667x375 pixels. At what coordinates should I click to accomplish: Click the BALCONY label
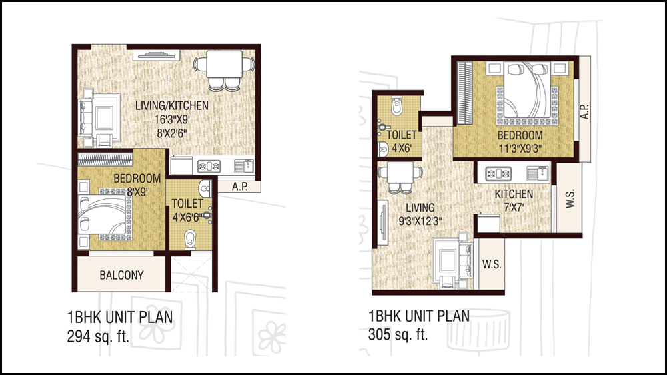click(121, 275)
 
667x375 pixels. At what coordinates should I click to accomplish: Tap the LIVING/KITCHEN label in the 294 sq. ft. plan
click(172, 105)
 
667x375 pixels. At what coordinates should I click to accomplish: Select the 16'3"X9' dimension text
click(172, 119)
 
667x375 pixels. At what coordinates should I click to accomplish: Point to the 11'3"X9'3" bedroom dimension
click(520, 149)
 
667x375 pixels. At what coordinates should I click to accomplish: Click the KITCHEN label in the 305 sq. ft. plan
click(514, 194)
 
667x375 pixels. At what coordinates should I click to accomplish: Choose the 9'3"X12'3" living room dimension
click(420, 221)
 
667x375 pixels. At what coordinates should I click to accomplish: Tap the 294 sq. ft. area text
click(98, 336)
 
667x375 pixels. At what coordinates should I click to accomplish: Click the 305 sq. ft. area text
click(398, 334)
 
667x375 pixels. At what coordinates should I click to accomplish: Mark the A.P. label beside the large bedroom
click(585, 111)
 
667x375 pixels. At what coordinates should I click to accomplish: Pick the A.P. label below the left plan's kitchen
click(240, 187)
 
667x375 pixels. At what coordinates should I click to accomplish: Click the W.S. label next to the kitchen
click(570, 198)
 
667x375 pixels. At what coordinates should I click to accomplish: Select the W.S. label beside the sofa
click(492, 264)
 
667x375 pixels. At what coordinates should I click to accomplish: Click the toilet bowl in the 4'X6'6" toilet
click(191, 240)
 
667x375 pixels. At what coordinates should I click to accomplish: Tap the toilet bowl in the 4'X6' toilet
click(396, 105)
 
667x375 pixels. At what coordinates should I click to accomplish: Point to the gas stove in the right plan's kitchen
click(498, 173)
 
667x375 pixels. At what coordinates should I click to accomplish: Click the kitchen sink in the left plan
click(244, 166)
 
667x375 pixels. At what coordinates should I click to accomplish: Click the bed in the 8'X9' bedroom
click(106, 214)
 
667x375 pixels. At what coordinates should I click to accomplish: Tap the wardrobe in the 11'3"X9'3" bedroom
click(464, 93)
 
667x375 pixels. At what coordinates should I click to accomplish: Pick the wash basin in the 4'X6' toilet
click(383, 149)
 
